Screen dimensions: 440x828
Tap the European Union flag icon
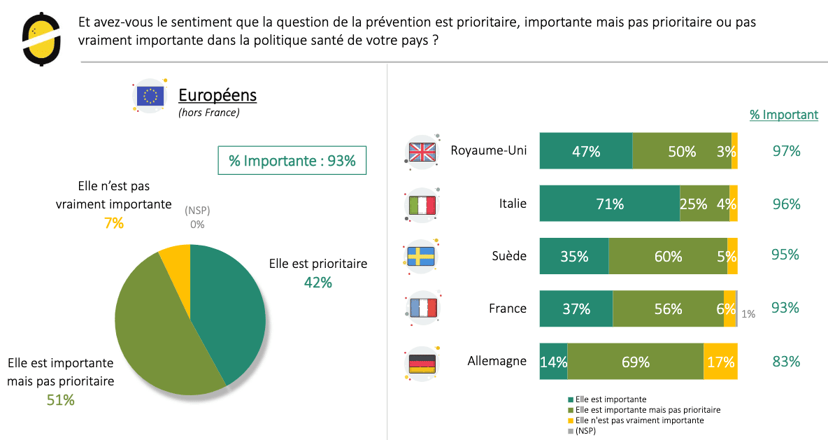point(150,96)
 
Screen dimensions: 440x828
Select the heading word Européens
point(217,95)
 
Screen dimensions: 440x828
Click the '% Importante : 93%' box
point(292,161)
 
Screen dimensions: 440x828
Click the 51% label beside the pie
point(60,400)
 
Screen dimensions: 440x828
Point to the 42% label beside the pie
point(317,283)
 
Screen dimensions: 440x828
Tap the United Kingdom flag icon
point(422,152)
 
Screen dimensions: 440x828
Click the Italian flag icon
point(422,205)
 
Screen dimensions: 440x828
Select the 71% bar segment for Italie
point(609,204)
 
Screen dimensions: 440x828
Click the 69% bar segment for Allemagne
point(635,362)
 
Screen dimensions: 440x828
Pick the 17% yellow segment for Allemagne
point(720,362)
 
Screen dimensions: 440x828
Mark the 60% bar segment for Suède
point(668,256)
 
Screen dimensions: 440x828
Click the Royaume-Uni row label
point(488,150)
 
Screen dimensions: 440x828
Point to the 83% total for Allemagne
point(786,362)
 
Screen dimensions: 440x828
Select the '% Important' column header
point(784,115)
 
